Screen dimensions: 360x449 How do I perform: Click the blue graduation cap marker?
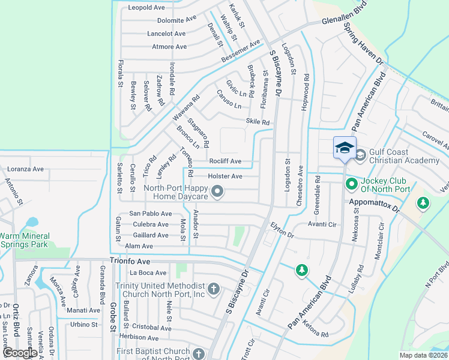pyautogui.click(x=345, y=148)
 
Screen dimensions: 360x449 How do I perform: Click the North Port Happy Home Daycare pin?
pyautogui.click(x=218, y=192)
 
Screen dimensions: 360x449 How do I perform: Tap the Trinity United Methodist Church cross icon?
pyautogui.click(x=214, y=290)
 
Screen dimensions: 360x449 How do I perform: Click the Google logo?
pyautogui.click(x=20, y=353)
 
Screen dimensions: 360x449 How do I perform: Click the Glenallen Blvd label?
pyautogui.click(x=343, y=19)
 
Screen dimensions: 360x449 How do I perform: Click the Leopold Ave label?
pyautogui.click(x=147, y=8)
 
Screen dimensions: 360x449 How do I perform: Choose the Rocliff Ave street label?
pyautogui.click(x=225, y=161)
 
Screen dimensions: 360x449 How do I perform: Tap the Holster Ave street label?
pyautogui.click(x=224, y=176)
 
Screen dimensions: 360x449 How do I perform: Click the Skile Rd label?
pyautogui.click(x=258, y=122)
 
